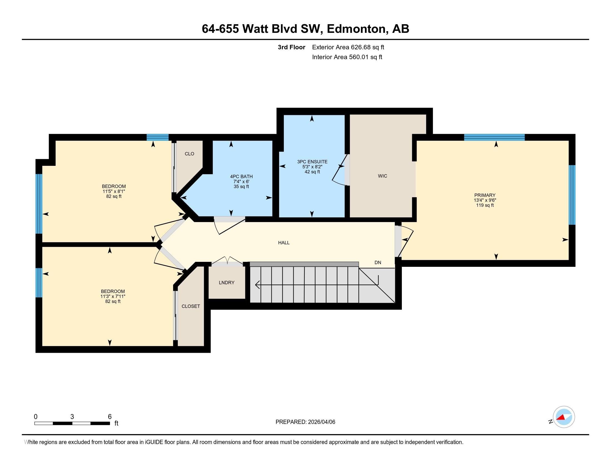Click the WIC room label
(x=382, y=176)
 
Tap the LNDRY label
(x=226, y=282)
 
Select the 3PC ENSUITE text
(x=312, y=162)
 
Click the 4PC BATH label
(x=241, y=176)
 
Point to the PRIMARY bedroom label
(x=485, y=195)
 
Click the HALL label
(x=283, y=243)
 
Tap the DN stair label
(x=377, y=263)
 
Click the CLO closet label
(x=189, y=154)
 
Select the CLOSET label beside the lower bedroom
(x=191, y=306)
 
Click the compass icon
(x=564, y=417)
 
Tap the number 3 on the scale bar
(x=72, y=417)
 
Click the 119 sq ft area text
(x=485, y=205)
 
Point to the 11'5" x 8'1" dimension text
(x=114, y=191)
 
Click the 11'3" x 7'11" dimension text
(x=113, y=297)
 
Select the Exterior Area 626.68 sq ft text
(x=348, y=47)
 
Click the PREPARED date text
(x=305, y=422)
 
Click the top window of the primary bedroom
(x=494, y=137)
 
